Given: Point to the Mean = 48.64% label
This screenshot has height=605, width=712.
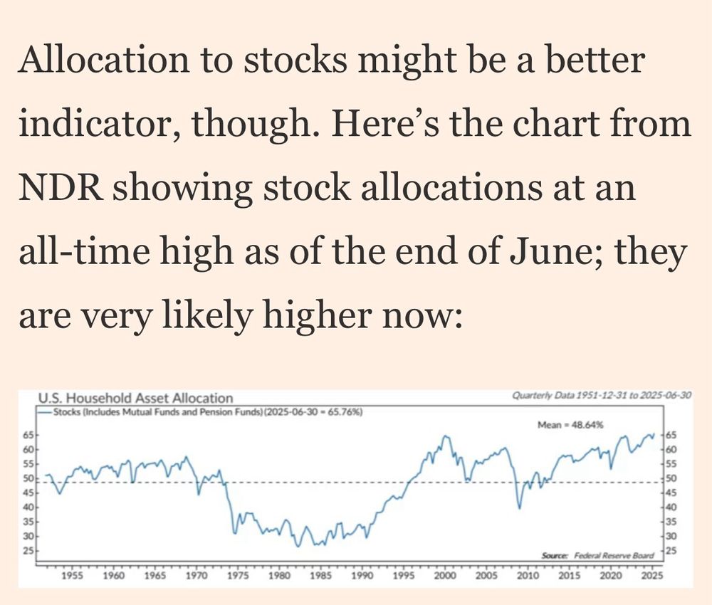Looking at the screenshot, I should point(570,424).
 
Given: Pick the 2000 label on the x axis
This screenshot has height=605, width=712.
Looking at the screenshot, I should point(445,574).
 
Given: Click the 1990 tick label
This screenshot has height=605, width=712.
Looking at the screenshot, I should point(362,574).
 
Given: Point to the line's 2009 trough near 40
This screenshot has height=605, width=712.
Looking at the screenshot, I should point(520,507).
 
